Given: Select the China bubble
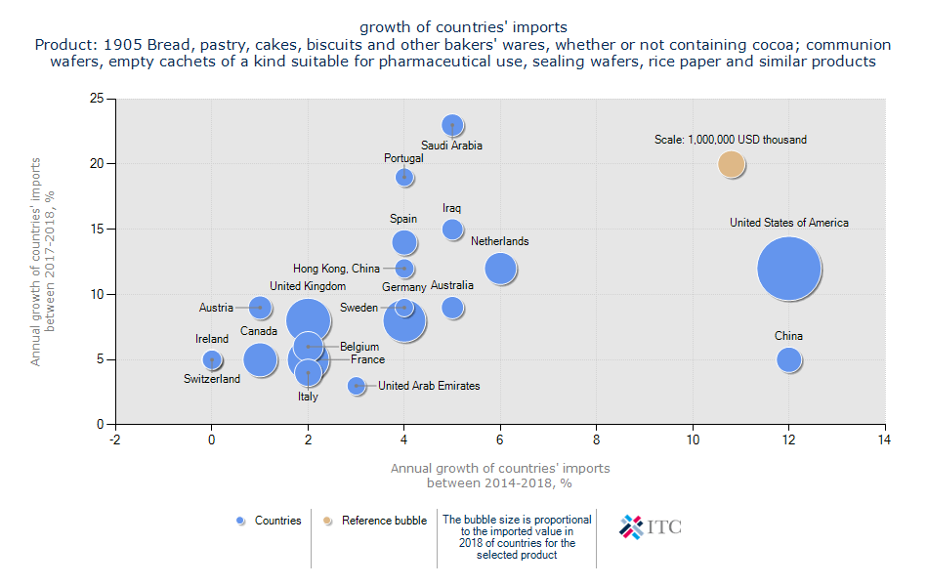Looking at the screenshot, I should [789, 359].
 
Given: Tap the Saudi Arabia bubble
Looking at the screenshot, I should [452, 125].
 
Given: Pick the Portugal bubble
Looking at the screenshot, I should [404, 177].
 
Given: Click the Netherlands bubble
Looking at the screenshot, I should [501, 269].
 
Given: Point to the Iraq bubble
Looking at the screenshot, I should [452, 230].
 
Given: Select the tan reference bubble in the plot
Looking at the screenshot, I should [732, 164].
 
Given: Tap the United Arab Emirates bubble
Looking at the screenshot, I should [357, 386].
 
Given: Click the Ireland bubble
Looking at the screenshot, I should [212, 359].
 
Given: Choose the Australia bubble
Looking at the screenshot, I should [452, 308].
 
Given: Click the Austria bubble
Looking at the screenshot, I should [260, 308].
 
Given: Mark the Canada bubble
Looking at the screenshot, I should [260, 359].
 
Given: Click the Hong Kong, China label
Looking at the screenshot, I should [337, 269].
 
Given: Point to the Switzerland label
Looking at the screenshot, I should [212, 379].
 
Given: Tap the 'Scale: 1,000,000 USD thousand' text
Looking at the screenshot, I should [731, 140].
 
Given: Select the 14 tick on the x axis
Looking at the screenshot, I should [885, 439].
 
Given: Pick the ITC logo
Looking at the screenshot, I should [651, 527].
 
